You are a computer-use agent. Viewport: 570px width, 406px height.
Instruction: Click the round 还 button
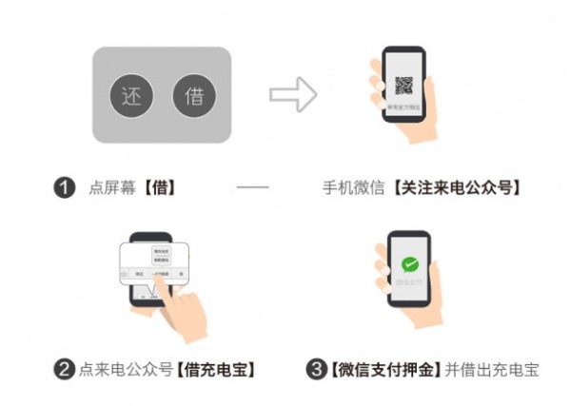131,96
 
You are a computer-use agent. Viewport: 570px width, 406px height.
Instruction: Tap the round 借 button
194,96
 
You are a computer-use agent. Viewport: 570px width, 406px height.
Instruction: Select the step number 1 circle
64,188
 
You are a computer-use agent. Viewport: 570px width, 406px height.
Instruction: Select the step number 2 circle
64,369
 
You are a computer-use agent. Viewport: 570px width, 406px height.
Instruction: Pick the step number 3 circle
316,369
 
